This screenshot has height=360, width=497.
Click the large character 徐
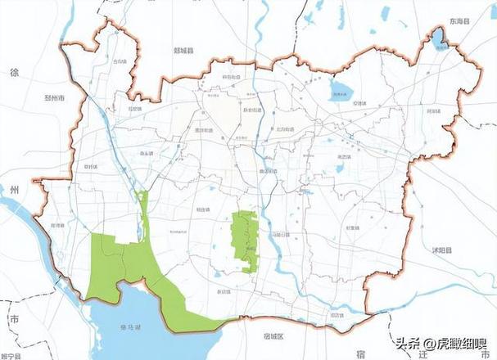pos(13,73)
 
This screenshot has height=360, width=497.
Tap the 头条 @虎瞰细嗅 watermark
pos(441,344)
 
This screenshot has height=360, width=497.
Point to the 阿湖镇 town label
pos(433,112)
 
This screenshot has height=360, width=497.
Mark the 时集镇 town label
pos(352,228)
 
